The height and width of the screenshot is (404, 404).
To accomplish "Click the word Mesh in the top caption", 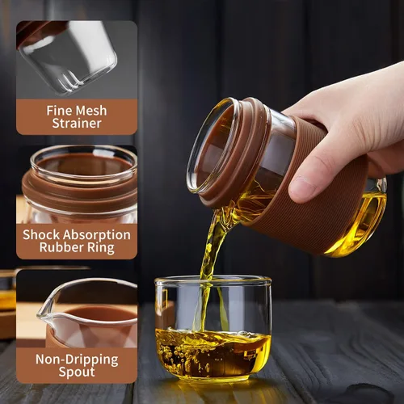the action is [90, 111].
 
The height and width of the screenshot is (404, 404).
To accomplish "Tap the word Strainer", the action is [77, 124].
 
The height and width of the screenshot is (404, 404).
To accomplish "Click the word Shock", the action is [41, 235].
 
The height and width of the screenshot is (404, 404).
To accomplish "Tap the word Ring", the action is [100, 248].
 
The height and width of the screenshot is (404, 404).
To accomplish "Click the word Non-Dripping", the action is [77, 360].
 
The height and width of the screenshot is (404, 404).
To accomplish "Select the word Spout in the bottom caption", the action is [77, 372].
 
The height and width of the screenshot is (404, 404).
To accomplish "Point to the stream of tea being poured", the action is [208, 259].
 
